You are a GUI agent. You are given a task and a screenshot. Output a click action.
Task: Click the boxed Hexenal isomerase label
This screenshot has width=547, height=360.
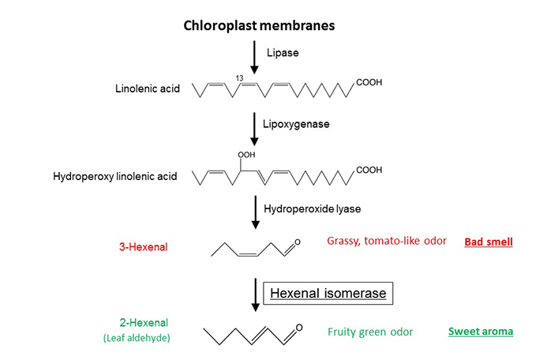pyautogui.click(x=328, y=294)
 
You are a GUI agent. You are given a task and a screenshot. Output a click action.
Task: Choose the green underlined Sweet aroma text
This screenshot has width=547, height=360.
pyautogui.click(x=481, y=332)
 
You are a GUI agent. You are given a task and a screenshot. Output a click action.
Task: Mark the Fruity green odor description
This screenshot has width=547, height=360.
pyautogui.click(x=370, y=332)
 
